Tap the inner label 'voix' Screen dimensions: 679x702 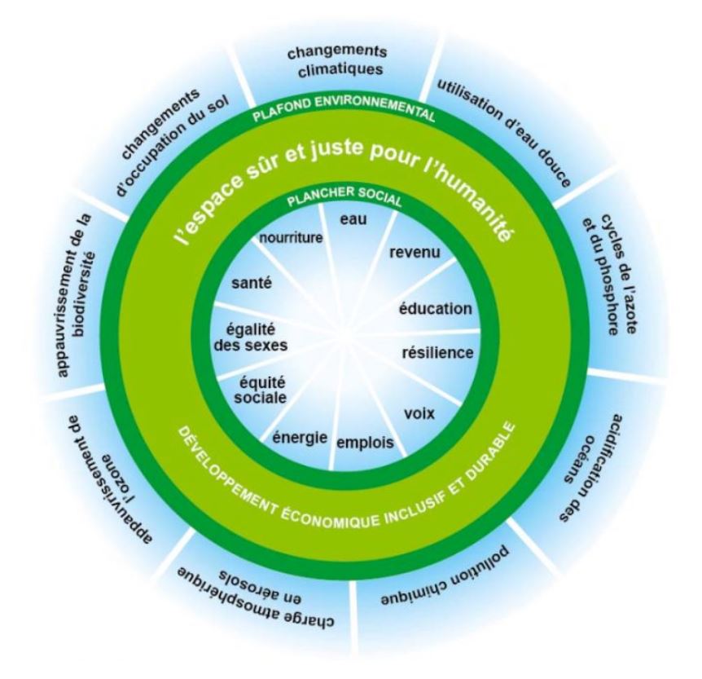click(419, 413)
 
